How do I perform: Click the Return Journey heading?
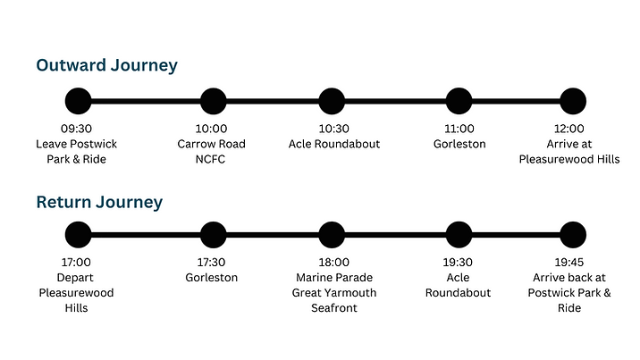[x=99, y=202]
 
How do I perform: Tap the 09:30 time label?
[x=77, y=129]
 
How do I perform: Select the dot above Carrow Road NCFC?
[x=213, y=101]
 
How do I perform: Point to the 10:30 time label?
[x=334, y=129]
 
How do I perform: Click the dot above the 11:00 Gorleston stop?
[x=458, y=101]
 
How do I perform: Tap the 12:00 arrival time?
[x=569, y=129]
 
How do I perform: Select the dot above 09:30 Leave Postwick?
[x=78, y=101]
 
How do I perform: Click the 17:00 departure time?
[x=77, y=263]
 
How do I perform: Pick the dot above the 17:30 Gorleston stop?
[x=213, y=235]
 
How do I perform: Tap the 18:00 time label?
[x=334, y=263]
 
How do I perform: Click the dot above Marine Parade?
[x=332, y=235]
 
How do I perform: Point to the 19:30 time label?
[x=458, y=263]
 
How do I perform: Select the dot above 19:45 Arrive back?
[x=573, y=235]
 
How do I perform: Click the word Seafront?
[x=334, y=308]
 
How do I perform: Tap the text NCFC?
[x=213, y=159]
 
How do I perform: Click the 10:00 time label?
[x=213, y=129]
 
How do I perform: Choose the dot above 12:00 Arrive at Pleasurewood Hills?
[x=573, y=101]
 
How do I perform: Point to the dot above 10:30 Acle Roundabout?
[x=332, y=101]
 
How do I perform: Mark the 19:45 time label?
[x=569, y=263]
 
